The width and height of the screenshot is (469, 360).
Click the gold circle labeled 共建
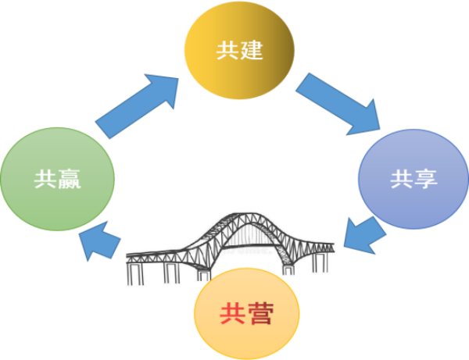pyautogui.click(x=239, y=52)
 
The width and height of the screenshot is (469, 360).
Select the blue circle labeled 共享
pyautogui.click(x=413, y=178)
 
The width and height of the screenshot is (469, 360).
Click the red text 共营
pyautogui.click(x=247, y=317)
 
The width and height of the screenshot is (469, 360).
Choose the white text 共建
pyautogui.click(x=239, y=52)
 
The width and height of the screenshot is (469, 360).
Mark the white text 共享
pyautogui.click(x=414, y=179)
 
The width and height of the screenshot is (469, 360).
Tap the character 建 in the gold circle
pyautogui.click(x=252, y=52)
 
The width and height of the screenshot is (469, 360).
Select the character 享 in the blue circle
pyautogui.click(x=426, y=179)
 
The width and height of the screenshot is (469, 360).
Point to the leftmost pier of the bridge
pyautogui.click(x=134, y=273)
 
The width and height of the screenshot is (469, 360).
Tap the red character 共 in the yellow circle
pyautogui.click(x=231, y=317)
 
